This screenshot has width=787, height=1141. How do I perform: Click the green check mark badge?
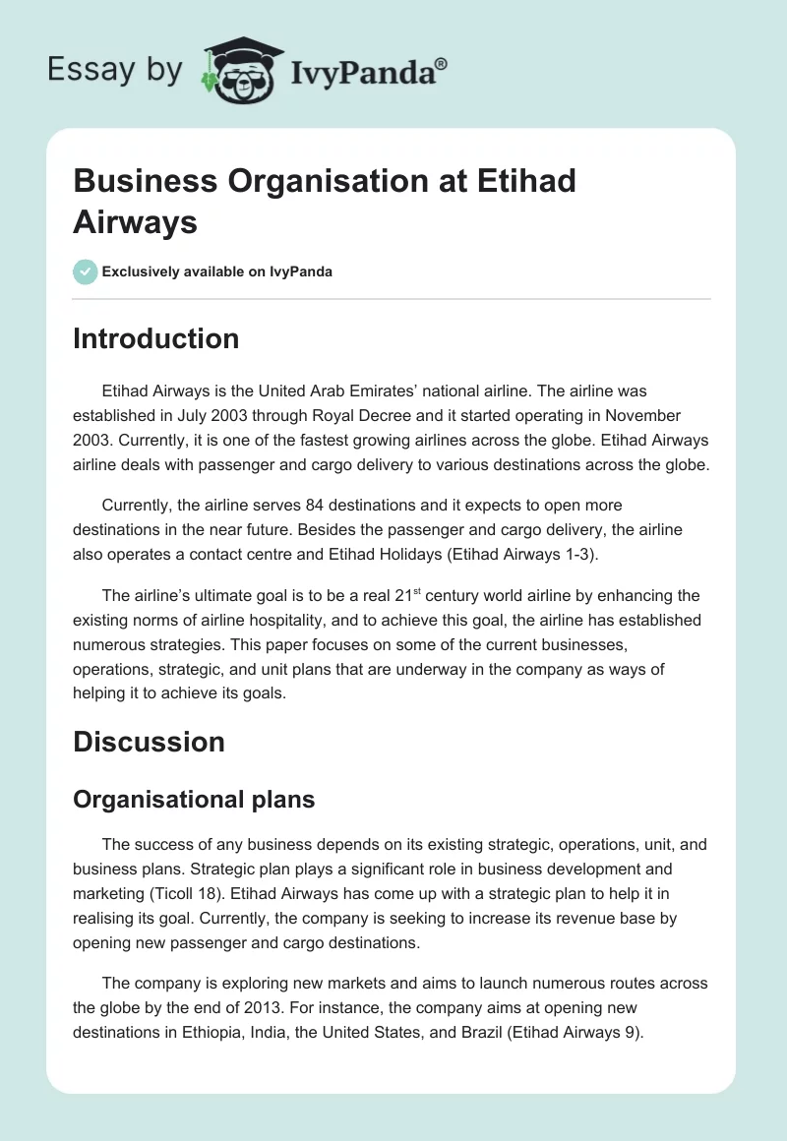tap(86, 271)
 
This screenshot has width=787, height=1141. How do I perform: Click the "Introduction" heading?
tap(155, 338)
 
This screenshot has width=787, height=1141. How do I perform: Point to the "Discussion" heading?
tap(149, 742)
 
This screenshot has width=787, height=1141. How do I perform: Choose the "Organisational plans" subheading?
tap(194, 799)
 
